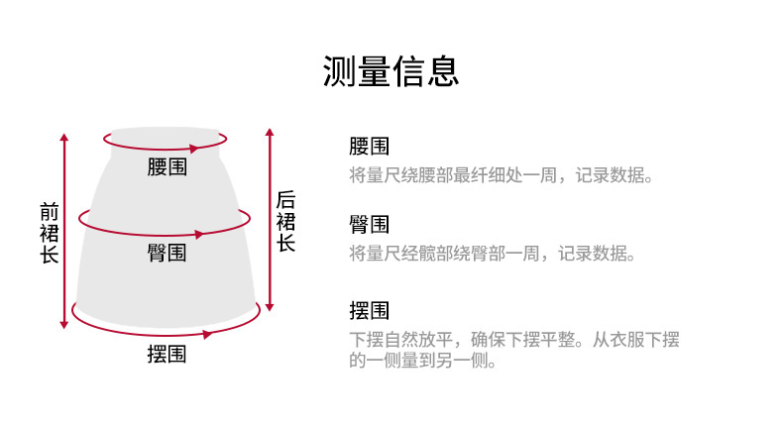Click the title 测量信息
[x=391, y=70]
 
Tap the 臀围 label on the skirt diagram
[x=167, y=253]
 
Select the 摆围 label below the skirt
[x=166, y=353]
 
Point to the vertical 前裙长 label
[x=49, y=233]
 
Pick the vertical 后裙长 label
[x=285, y=221]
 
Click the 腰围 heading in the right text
[x=369, y=148]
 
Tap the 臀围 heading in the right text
[x=369, y=224]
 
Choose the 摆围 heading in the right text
[x=369, y=311]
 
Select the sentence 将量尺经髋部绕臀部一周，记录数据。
[x=492, y=254]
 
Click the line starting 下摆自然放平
[x=514, y=340]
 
